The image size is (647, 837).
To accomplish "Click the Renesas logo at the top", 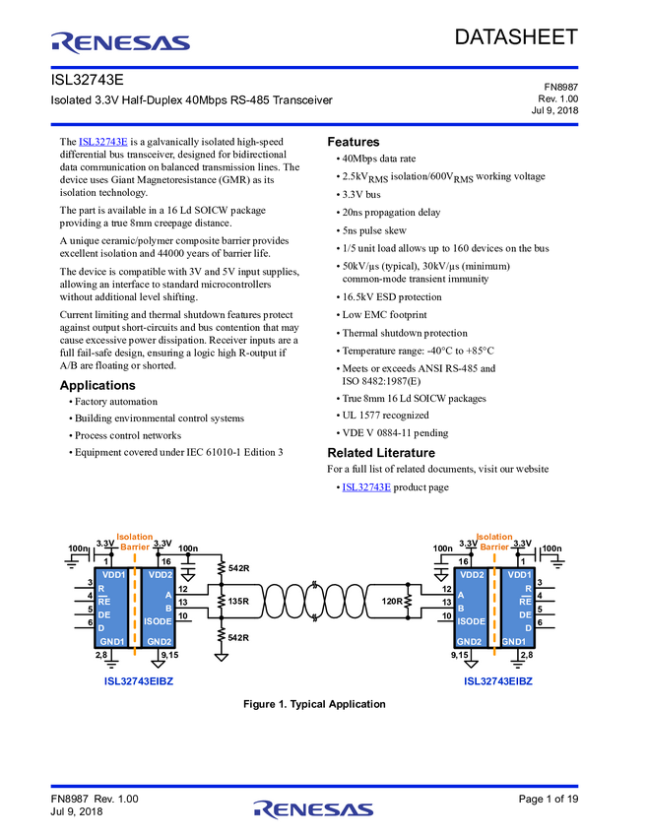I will [x=121, y=42].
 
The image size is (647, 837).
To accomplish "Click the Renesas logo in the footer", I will [x=313, y=809].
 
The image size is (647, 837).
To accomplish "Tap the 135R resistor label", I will [x=238, y=601].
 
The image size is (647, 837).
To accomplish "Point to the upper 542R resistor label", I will [x=238, y=568].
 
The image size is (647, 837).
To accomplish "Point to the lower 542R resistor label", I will [x=238, y=637].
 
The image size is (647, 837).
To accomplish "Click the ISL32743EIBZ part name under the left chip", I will [x=139, y=680].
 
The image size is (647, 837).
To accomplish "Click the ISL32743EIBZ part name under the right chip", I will [x=498, y=680].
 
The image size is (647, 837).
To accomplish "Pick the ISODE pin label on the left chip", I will [x=158, y=621].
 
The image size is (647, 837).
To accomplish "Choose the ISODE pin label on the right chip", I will [x=472, y=621].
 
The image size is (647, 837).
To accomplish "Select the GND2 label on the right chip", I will [x=471, y=641].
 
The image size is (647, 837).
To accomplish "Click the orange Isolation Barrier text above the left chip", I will [x=135, y=541].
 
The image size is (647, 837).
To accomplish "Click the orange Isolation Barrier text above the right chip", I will [x=494, y=541].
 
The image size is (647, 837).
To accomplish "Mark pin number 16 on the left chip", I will [x=165, y=561].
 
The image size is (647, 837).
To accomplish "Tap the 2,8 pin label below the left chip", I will [x=100, y=654].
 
